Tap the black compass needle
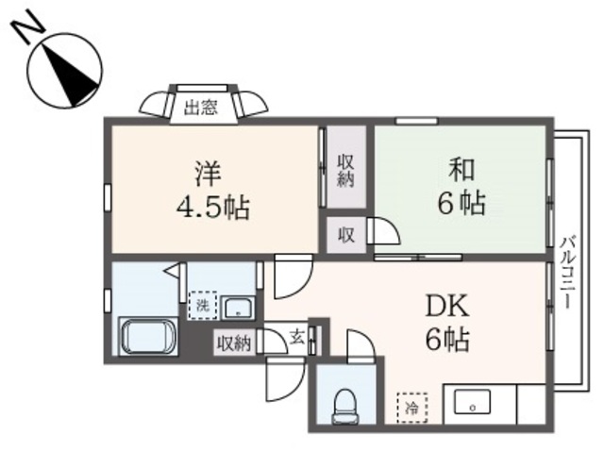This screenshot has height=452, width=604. coord(71,75)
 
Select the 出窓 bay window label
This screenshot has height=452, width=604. coord(201,108)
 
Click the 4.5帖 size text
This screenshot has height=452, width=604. coord(212,208)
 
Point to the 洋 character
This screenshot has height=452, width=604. coord(208,174)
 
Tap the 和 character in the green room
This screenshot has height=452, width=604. coord(461,170)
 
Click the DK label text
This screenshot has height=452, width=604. coord(446,305)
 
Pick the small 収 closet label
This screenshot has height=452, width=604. coord(346,234)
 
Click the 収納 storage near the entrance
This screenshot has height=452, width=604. coord(234,343)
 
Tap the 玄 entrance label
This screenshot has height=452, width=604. coord(297,339)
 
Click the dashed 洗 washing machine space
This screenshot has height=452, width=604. coord(203,306)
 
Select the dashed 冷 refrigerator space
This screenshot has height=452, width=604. coord(412,408)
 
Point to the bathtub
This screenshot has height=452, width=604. coord(148,336)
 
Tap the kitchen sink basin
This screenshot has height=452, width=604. coord(472,402)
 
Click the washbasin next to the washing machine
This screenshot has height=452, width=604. coord(238,308)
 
